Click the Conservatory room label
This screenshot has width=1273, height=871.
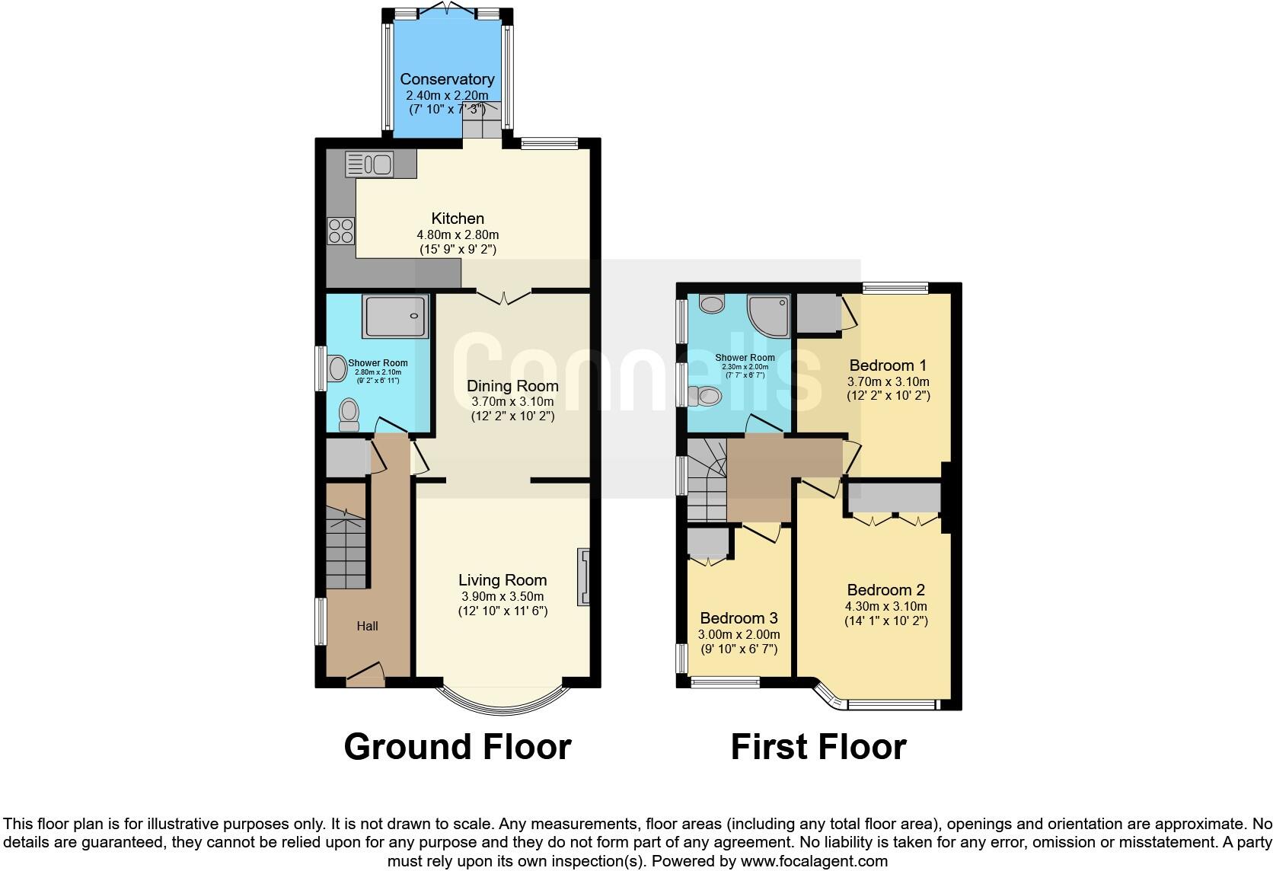[x=447, y=79]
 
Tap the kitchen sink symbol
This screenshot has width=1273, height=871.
[x=368, y=164]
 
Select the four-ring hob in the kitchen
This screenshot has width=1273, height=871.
[x=340, y=231]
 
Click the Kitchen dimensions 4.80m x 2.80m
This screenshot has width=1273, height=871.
[x=458, y=234]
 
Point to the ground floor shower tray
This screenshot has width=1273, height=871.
[x=395, y=316]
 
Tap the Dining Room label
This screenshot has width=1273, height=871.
[x=512, y=386]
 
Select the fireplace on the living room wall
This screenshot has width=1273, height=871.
[x=584, y=576]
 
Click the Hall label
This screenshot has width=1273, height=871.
[x=367, y=626]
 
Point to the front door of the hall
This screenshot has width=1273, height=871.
[x=366, y=675]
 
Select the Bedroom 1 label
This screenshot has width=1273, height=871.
[x=888, y=365]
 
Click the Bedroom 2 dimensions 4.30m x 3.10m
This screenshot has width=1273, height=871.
[x=886, y=606]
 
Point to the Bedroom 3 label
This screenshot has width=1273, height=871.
[x=739, y=618]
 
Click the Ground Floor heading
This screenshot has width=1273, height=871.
[x=457, y=747]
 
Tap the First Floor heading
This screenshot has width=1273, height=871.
[x=818, y=747]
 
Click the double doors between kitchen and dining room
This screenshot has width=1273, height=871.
[x=503, y=297]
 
